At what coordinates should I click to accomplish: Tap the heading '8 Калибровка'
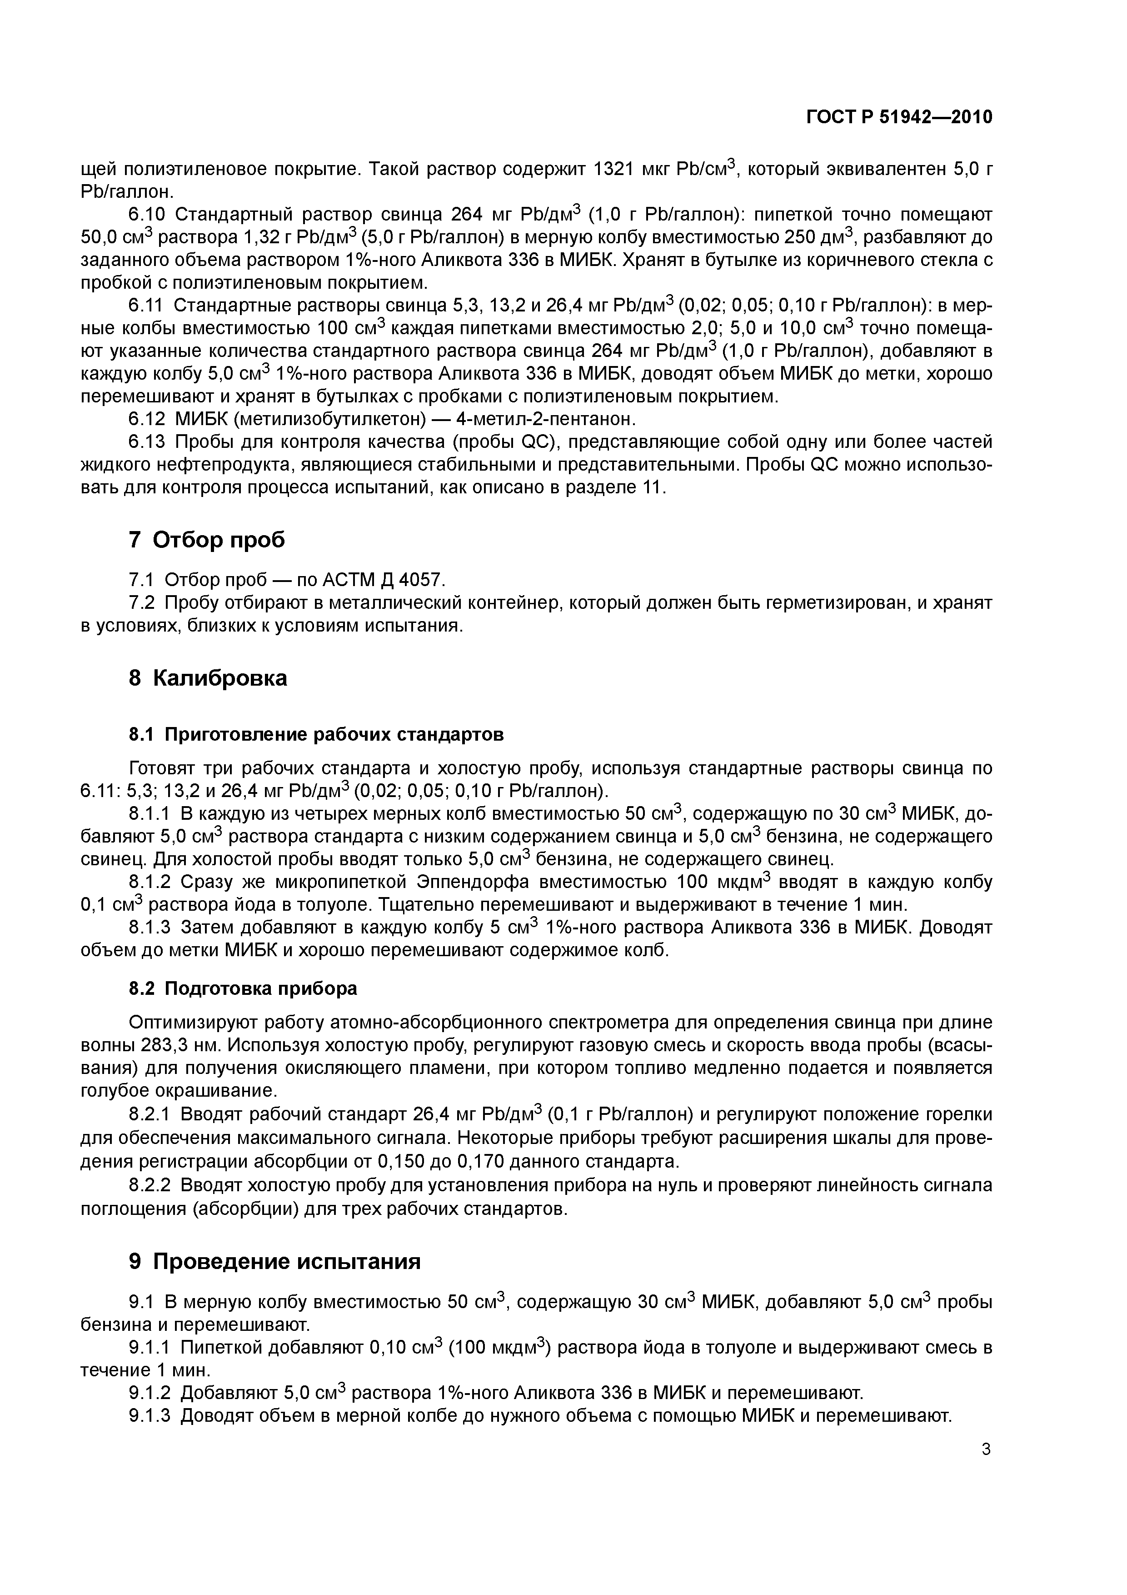point(208,678)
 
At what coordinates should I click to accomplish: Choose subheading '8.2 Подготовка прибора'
point(243,988)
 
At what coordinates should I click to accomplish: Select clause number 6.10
point(147,215)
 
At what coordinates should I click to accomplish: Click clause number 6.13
point(147,442)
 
